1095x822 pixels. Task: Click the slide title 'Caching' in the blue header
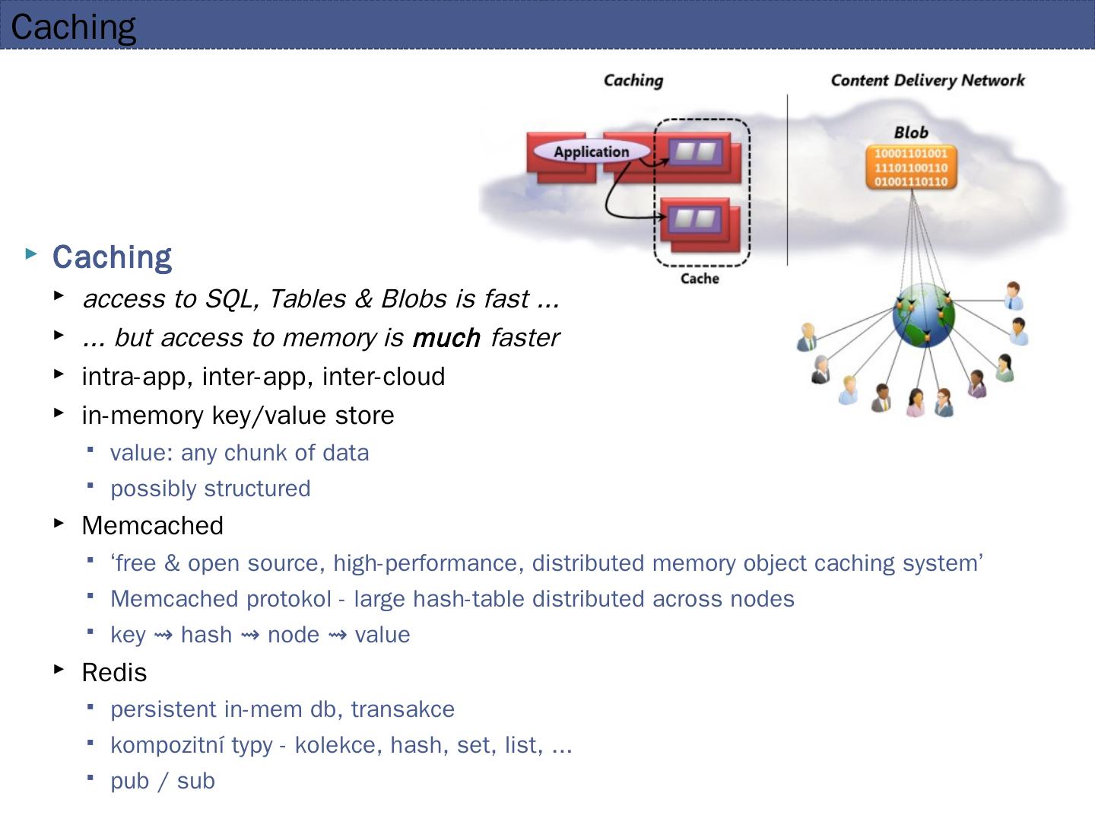(x=74, y=27)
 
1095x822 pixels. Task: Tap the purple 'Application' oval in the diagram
(x=592, y=151)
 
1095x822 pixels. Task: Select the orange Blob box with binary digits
(x=911, y=167)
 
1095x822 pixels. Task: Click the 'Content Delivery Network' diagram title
(x=928, y=81)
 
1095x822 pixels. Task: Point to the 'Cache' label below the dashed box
(x=700, y=279)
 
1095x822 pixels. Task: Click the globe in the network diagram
(x=923, y=315)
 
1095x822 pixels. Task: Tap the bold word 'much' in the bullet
(x=446, y=337)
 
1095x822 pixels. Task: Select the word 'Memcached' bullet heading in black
(x=152, y=526)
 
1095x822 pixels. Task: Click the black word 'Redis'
(x=114, y=673)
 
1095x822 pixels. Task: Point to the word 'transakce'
(x=402, y=709)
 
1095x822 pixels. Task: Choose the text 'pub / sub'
(x=163, y=781)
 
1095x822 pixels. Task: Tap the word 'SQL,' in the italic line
(x=233, y=299)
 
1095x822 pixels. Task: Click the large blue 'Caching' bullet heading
(x=112, y=257)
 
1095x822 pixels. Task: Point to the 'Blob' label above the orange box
(x=911, y=132)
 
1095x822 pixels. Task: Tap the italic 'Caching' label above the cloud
(x=633, y=81)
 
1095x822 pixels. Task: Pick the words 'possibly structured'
(x=211, y=489)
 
